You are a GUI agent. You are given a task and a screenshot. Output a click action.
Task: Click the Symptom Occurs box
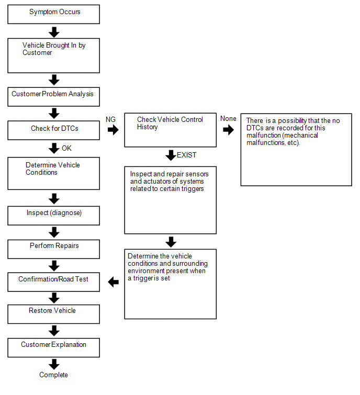(x=54, y=14)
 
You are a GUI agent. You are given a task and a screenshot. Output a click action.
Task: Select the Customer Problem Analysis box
(x=54, y=97)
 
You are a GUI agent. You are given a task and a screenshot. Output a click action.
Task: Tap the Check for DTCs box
(x=54, y=130)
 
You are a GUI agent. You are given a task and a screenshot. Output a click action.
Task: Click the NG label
(x=110, y=119)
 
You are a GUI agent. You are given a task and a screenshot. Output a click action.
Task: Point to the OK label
(x=67, y=148)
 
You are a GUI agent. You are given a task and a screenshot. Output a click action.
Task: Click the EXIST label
(x=186, y=155)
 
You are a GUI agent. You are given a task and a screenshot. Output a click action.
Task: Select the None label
(x=228, y=118)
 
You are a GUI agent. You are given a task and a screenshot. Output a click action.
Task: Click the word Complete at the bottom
(x=53, y=375)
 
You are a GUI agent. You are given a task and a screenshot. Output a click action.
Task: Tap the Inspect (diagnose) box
(x=54, y=216)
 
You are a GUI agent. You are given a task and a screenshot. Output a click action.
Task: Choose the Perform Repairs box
(x=54, y=249)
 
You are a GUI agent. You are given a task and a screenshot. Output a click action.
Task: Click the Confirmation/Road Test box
(x=54, y=282)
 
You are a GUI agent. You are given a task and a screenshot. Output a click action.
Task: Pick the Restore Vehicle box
(x=54, y=314)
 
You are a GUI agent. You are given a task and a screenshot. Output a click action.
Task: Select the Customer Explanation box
(x=54, y=347)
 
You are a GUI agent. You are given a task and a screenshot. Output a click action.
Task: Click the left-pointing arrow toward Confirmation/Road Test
(x=114, y=282)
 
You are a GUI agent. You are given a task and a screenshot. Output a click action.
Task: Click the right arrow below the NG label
(x=113, y=130)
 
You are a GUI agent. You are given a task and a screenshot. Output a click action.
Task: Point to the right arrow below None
(x=229, y=130)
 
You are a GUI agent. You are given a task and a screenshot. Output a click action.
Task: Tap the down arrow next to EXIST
(x=171, y=155)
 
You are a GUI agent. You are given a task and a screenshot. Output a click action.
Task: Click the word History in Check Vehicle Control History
(x=148, y=127)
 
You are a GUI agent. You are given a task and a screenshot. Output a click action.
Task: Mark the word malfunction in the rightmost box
(x=264, y=136)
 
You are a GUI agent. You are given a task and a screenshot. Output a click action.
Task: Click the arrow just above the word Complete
(x=54, y=364)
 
